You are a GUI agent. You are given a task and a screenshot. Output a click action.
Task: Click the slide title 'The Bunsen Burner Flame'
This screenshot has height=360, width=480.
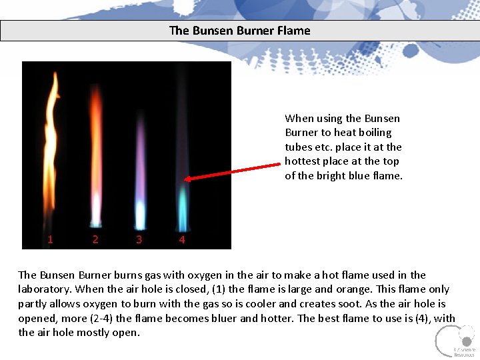240,31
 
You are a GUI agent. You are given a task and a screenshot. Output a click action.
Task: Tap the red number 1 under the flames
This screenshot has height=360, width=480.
51,239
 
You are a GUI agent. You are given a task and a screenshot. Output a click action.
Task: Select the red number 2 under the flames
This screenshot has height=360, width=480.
95,239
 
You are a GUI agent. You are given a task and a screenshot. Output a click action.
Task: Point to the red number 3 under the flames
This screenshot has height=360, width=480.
139,239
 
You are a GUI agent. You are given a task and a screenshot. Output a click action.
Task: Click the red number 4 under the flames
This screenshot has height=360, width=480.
182,239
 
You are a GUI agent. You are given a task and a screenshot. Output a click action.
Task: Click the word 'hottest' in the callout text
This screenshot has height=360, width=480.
303,161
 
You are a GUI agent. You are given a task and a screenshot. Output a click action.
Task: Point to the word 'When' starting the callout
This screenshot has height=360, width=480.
299,119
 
